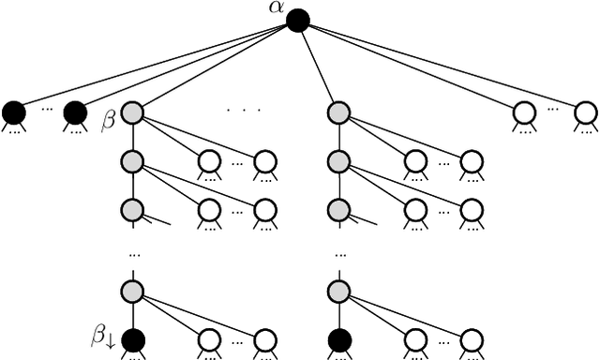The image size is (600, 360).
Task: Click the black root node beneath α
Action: (297, 20)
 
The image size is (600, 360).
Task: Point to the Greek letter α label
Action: (276, 7)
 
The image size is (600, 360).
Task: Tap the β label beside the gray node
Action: (107, 122)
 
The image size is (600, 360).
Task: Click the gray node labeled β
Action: (132, 113)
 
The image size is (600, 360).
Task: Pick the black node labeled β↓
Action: (132, 338)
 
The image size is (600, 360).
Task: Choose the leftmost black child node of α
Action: (14, 113)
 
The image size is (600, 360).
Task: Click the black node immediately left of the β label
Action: (75, 113)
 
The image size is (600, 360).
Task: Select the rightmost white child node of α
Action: (585, 113)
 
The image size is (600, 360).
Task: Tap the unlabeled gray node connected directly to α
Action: (338, 113)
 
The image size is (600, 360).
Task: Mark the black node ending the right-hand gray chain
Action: (338, 338)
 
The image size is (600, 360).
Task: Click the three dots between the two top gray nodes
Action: (243, 110)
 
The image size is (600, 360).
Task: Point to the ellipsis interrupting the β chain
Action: (133, 253)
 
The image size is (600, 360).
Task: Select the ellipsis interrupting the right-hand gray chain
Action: (339, 253)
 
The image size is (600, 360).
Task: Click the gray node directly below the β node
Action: (132, 162)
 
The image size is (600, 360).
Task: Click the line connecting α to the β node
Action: (215, 67)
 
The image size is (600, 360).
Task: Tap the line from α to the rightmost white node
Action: (441, 67)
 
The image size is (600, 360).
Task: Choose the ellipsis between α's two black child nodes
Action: (45, 110)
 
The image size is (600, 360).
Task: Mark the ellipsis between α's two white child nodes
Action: (554, 110)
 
